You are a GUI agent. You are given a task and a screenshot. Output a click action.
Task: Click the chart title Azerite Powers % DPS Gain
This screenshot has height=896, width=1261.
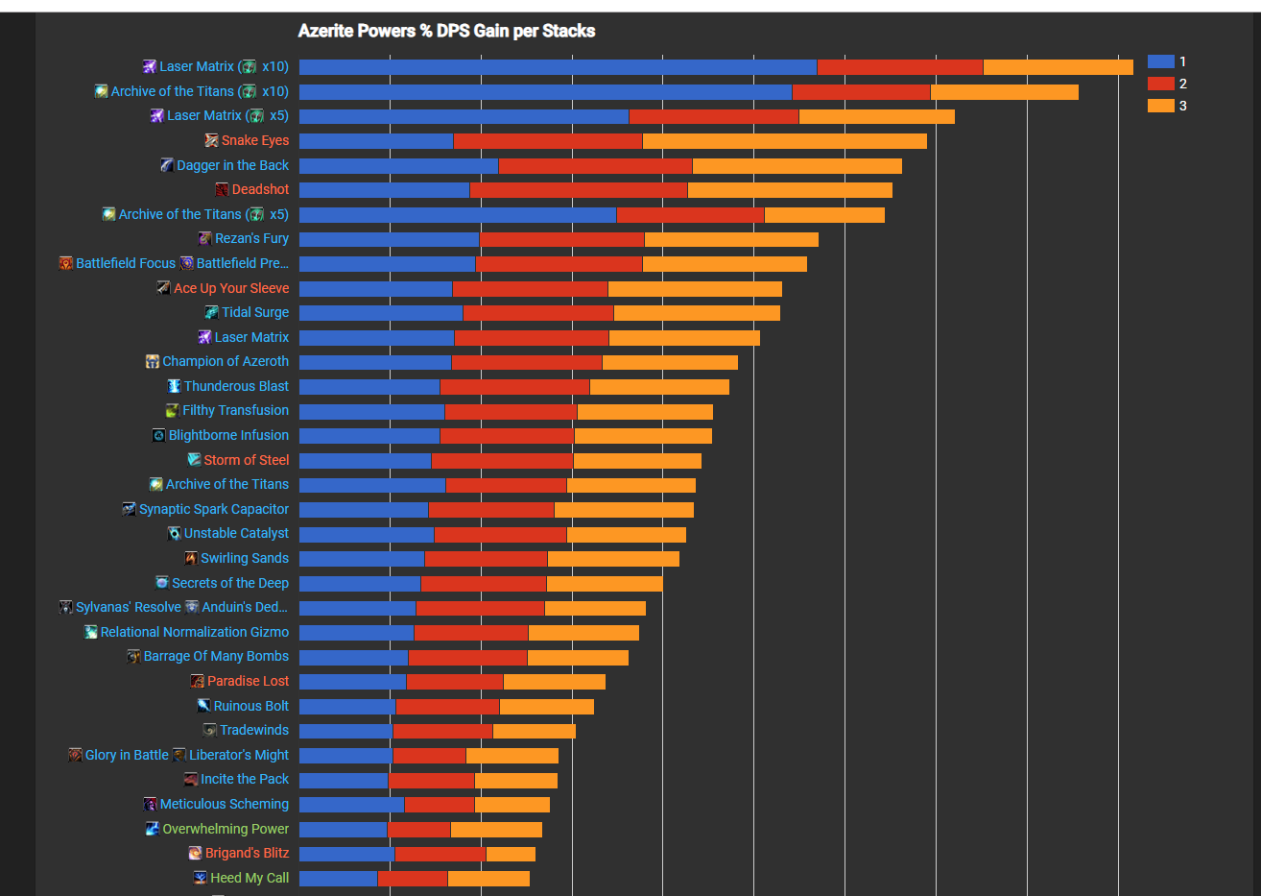(x=446, y=31)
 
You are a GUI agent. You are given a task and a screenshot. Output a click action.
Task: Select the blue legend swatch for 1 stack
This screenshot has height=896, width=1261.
(x=1160, y=61)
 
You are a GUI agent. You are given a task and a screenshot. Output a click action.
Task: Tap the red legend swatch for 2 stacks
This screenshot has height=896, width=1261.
(x=1160, y=84)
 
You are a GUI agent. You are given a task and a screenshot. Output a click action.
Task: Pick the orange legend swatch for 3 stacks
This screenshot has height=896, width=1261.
(x=1160, y=106)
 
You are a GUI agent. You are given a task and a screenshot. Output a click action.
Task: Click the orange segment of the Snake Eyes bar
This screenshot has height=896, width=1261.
(x=784, y=141)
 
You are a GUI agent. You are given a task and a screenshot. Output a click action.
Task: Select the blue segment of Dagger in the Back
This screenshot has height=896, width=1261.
(x=398, y=166)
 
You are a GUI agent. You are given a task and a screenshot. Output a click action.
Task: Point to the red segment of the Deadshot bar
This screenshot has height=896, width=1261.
(x=578, y=190)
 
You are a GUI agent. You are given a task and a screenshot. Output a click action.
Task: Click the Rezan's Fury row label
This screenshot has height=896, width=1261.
(x=251, y=238)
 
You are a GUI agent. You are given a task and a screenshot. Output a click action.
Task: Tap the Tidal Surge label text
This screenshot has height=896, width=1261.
(x=255, y=312)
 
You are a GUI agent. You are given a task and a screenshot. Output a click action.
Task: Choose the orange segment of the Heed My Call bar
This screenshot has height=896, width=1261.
(x=488, y=878)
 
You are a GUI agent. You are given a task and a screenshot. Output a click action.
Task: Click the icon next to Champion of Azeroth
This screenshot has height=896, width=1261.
(x=152, y=362)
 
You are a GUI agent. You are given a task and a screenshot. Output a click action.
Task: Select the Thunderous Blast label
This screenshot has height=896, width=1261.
(x=236, y=386)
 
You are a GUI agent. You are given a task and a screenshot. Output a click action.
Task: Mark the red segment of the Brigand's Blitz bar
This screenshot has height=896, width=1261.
(x=440, y=854)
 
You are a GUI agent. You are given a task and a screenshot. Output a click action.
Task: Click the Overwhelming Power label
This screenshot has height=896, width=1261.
(x=226, y=829)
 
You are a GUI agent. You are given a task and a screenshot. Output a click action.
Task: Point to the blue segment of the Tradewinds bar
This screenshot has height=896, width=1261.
(x=345, y=731)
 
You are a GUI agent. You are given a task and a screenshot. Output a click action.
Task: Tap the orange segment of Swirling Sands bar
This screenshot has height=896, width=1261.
(x=612, y=559)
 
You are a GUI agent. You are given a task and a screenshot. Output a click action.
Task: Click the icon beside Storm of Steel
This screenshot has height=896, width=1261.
(x=194, y=460)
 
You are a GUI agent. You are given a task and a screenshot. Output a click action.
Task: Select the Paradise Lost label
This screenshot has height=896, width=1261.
(x=248, y=681)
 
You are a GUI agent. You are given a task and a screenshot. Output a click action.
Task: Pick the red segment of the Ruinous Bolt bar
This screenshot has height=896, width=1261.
(x=447, y=707)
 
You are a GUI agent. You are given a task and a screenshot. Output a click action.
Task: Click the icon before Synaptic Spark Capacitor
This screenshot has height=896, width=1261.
(x=129, y=509)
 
